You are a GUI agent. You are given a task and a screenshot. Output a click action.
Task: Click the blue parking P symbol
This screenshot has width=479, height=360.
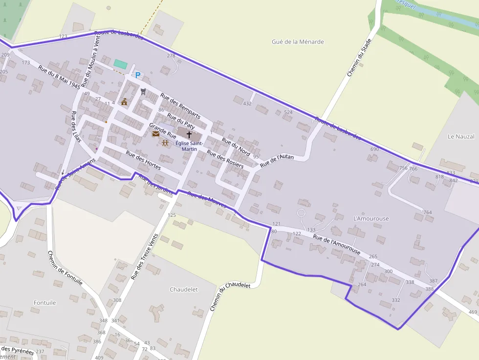(138, 75)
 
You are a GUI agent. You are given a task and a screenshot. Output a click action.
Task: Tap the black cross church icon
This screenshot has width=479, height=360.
(189, 133)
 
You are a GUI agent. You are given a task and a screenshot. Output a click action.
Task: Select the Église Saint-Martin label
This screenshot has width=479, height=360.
(189, 146)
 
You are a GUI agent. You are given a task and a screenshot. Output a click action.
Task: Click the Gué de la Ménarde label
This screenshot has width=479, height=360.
(298, 42)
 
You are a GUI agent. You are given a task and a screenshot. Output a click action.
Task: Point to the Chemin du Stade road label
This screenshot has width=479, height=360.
(359, 58)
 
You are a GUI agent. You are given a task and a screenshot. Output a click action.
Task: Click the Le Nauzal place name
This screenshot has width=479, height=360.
(461, 136)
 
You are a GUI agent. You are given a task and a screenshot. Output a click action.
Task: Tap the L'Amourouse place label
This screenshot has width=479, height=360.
(371, 218)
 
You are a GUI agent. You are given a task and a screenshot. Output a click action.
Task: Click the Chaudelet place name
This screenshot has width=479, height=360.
(184, 289)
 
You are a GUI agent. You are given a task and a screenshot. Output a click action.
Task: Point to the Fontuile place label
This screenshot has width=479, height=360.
(45, 302)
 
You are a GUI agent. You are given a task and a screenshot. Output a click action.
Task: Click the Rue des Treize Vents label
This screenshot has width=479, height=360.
(145, 256)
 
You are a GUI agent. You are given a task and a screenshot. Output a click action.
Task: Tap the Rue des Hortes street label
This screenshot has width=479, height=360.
(143, 160)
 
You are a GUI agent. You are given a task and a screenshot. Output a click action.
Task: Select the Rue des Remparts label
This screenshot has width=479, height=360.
(180, 106)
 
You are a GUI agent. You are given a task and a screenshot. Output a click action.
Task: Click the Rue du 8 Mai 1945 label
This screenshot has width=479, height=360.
(60, 77)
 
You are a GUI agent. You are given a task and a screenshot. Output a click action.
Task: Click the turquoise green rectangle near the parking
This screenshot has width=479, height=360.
(120, 64)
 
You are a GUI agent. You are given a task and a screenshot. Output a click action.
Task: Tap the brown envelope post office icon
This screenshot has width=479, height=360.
(155, 133)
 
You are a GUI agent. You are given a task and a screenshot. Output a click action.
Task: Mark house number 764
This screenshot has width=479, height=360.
(428, 212)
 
